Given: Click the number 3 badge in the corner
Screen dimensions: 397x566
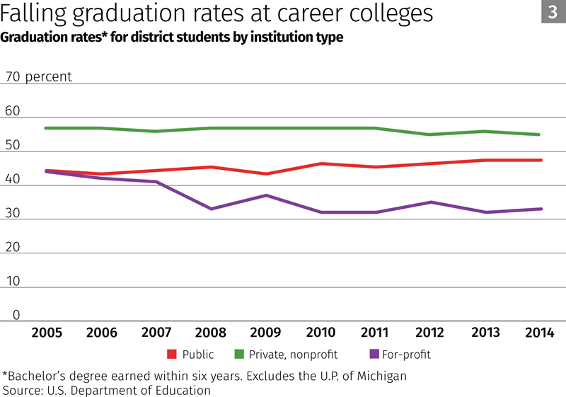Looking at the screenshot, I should tap(553, 12).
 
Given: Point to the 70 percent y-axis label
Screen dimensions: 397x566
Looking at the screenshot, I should tap(38, 76).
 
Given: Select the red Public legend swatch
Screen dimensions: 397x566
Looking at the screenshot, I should tap(171, 354).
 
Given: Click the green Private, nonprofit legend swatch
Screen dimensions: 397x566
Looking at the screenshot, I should tap(238, 354).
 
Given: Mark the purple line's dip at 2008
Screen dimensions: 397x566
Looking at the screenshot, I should tap(212, 209).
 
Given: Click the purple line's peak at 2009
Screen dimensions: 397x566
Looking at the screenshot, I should tap(266, 195).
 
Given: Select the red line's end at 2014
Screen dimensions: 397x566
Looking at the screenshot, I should tap(541, 160).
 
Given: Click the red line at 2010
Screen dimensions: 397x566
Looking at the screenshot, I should tap(321, 163).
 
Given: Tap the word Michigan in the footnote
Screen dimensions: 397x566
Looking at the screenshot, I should tap(380, 376).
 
